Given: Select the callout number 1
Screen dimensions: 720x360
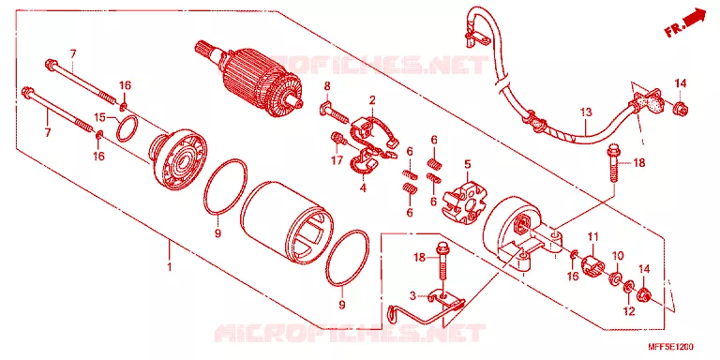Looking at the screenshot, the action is (x=169, y=266).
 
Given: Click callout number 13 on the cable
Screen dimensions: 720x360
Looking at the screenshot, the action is (x=585, y=112).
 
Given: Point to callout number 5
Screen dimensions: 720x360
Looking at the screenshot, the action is (x=468, y=163).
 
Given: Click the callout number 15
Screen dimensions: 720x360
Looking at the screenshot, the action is (x=100, y=117).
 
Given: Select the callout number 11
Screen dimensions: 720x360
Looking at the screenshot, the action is (x=593, y=237).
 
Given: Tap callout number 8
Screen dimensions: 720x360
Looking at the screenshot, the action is (x=327, y=86).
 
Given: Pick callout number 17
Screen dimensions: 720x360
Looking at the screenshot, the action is (x=337, y=160).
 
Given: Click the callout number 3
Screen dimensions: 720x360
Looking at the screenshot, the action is (x=412, y=296).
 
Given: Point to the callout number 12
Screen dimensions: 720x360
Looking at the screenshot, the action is (x=629, y=311).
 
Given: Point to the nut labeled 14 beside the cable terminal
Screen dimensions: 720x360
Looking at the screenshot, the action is (x=679, y=109).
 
